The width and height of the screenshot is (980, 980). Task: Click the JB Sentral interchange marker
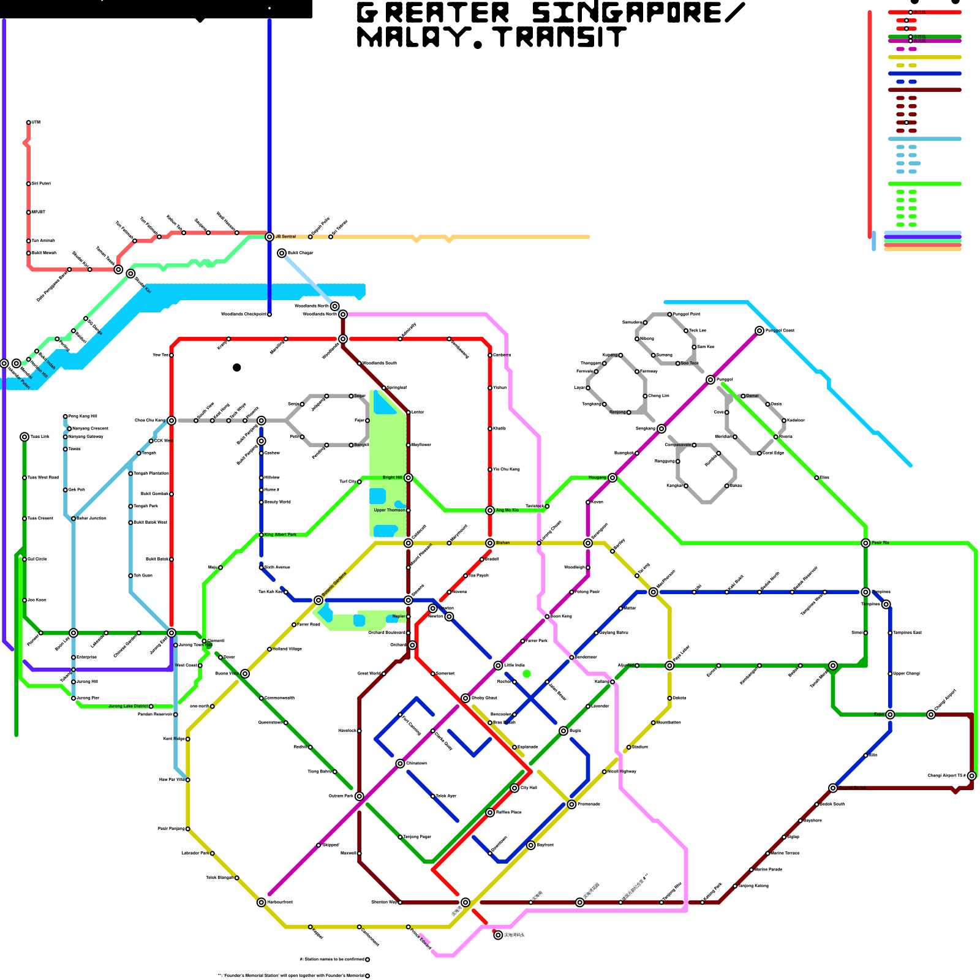(269, 236)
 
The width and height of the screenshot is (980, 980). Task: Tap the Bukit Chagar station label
(300, 253)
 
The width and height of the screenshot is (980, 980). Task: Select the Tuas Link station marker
(24, 437)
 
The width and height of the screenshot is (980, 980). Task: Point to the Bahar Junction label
(91, 518)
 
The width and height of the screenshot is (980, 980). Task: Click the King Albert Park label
(281, 535)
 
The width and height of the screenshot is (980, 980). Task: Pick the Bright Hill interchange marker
(409, 478)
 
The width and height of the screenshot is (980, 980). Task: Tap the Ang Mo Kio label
(507, 510)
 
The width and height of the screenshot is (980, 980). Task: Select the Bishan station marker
(490, 543)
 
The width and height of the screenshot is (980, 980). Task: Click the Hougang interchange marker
(612, 478)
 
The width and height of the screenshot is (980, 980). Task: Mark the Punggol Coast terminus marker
(759, 331)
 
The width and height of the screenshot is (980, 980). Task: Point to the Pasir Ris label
(881, 543)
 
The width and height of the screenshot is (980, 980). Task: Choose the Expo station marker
(890, 714)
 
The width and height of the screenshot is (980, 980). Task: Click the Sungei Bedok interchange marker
(833, 788)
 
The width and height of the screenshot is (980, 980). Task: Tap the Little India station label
(514, 665)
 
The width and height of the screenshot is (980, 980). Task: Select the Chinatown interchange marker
(400, 763)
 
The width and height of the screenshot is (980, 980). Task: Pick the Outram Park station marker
(360, 796)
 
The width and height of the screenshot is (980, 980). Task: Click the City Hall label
(529, 788)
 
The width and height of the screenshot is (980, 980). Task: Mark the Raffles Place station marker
(490, 812)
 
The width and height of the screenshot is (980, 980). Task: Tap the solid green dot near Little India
(527, 674)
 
